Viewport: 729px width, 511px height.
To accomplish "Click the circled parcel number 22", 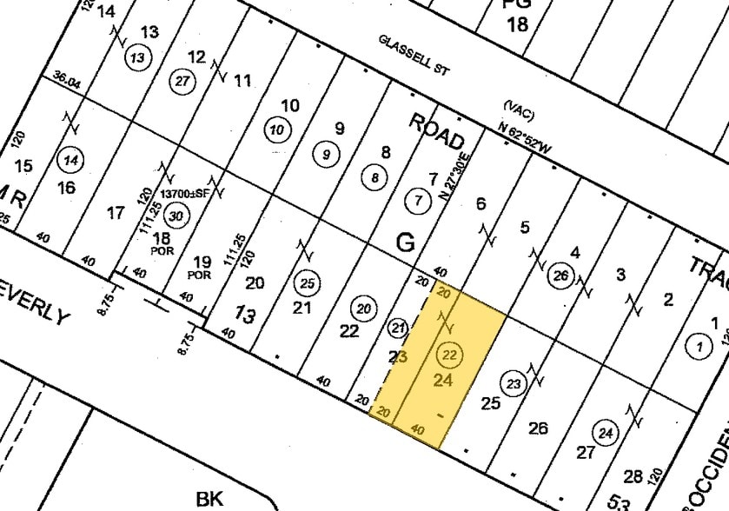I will pos(450,355).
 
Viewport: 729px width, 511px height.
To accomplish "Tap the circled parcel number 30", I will pos(176,216).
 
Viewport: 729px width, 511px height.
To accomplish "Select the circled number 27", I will pos(181,81).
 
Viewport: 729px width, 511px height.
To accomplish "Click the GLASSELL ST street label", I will pos(413,55).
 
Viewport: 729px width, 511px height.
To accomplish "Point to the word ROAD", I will pos(437,131).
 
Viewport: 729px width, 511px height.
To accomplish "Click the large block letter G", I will pos(405,243).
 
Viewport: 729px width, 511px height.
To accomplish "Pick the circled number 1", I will pos(698,345).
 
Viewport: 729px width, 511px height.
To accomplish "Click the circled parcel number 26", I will pos(561,277).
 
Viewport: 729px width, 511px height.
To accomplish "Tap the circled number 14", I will pos(70,161).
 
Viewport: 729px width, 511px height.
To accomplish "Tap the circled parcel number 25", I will pos(307,282).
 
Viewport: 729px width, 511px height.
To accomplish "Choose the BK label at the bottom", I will pos(209,498).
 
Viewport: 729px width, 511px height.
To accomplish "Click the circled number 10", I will pos(276,130).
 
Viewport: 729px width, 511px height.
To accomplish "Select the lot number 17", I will pos(115,213).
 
